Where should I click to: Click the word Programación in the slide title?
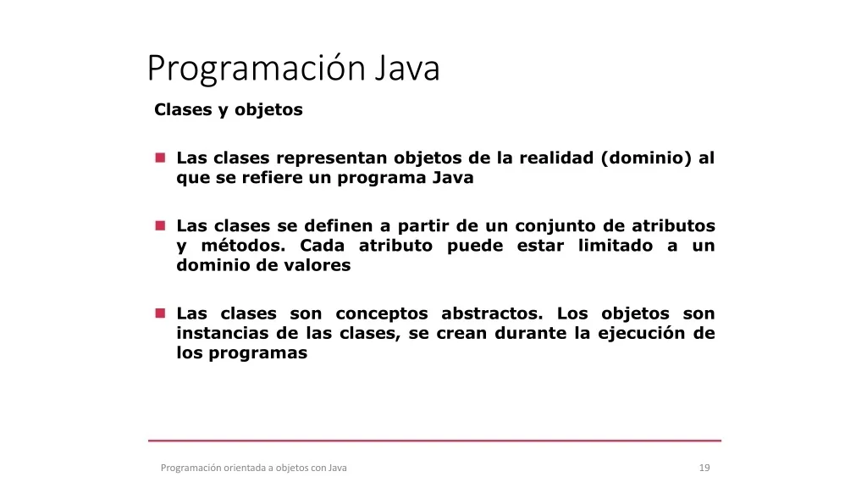[x=257, y=69]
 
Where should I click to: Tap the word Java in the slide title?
[x=407, y=68]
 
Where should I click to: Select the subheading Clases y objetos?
[x=229, y=110]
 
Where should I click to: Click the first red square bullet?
[x=160, y=158]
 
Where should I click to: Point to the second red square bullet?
[x=160, y=225]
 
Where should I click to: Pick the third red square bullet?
[x=160, y=313]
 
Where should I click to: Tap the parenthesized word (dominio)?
[x=646, y=158]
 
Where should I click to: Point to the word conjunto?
[x=557, y=226]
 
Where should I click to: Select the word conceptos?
[x=382, y=314]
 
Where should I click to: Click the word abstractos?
[x=492, y=313]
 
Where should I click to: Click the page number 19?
[x=704, y=468]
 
